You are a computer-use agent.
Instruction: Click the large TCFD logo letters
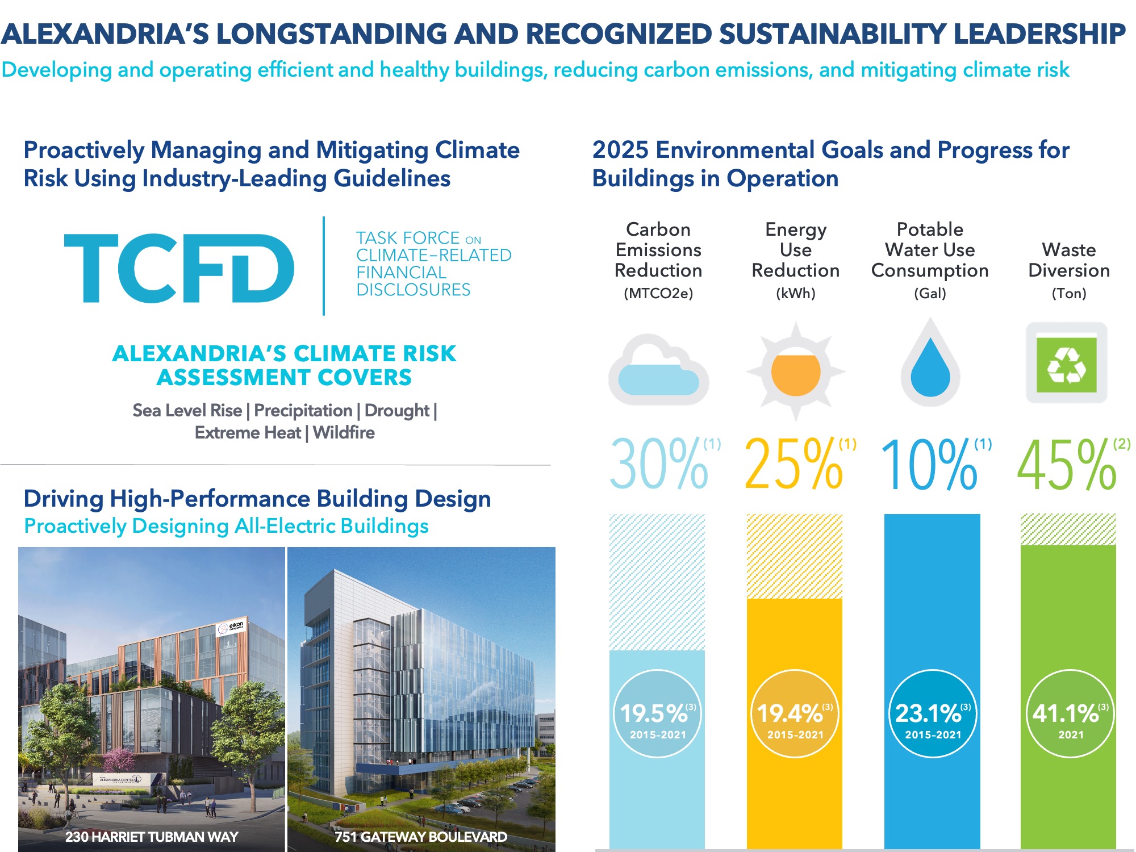[179, 268]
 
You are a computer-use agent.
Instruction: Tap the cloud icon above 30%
[658, 372]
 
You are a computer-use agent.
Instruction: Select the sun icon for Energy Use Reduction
[795, 372]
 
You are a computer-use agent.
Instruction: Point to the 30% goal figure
[659, 465]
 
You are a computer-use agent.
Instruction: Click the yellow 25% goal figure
[794, 465]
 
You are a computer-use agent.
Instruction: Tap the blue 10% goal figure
[930, 465]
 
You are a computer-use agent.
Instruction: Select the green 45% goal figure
[1067, 465]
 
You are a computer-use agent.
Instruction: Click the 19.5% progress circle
[657, 714]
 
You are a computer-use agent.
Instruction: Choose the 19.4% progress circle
[795, 714]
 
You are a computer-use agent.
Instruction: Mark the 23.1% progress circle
[932, 714]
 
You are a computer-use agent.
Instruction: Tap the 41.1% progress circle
[1070, 714]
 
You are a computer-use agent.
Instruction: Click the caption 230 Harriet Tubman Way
[151, 837]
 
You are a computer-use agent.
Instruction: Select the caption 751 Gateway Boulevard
[420, 837]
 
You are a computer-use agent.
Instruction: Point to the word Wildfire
[344, 433]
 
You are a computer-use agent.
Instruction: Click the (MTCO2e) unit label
[658, 294]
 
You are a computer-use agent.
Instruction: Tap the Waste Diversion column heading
[1069, 260]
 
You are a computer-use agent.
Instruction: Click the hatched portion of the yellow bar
[794, 557]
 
